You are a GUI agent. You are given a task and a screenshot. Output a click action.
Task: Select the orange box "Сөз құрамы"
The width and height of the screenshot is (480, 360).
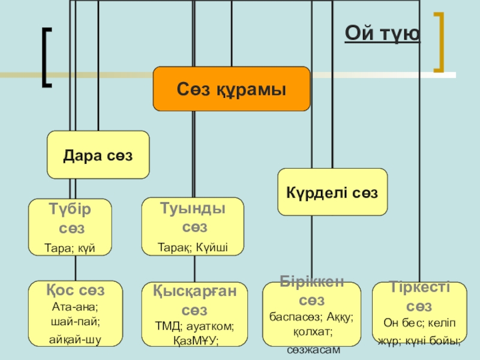click(x=231, y=89)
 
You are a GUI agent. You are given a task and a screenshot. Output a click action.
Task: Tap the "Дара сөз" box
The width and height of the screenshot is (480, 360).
click(x=98, y=155)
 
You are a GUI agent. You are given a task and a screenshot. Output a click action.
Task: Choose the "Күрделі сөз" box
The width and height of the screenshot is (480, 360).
click(x=332, y=192)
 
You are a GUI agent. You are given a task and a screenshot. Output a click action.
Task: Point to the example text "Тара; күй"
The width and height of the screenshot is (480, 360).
click(x=70, y=247)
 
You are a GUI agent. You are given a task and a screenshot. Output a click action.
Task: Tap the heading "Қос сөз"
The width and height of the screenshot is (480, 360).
click(x=75, y=290)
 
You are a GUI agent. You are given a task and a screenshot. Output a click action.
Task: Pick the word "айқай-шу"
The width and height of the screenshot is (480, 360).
click(x=75, y=339)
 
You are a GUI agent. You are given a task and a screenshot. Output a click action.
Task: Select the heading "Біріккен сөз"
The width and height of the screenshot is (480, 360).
click(x=312, y=291)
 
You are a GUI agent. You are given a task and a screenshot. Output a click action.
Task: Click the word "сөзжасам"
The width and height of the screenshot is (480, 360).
click(x=312, y=349)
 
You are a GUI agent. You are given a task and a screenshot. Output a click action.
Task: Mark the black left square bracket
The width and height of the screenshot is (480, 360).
click(x=47, y=57)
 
